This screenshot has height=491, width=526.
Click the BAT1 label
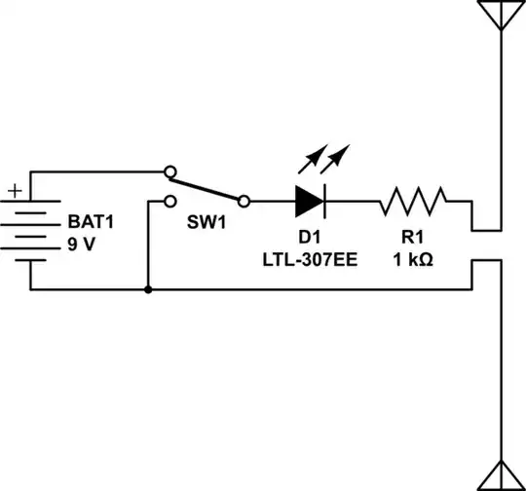click(91, 222)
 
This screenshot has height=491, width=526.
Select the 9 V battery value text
click(82, 244)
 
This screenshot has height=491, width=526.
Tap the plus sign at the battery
click(15, 191)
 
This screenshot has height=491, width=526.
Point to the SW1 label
click(207, 222)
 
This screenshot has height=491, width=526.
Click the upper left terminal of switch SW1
click(170, 171)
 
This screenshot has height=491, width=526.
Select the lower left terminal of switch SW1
click(170, 202)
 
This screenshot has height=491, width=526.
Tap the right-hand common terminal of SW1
click(244, 202)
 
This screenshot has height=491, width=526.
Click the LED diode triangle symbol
click(309, 202)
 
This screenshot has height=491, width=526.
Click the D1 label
click(309, 238)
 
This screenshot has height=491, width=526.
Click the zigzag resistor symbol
click(413, 202)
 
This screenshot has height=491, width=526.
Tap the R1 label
click(413, 238)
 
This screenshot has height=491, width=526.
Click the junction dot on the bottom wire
click(147, 289)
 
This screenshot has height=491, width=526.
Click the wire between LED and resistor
click(353, 202)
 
